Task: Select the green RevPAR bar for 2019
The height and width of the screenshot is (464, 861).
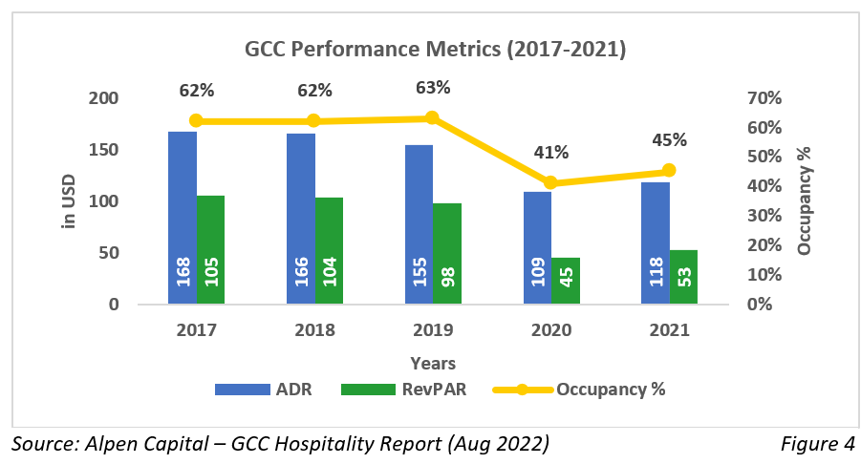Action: pyautogui.click(x=447, y=253)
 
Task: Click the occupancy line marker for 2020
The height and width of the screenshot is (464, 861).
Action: pyautogui.click(x=550, y=182)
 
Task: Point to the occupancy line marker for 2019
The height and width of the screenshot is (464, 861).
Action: pyautogui.click(x=432, y=117)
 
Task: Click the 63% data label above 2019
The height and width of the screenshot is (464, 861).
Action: pyautogui.click(x=432, y=88)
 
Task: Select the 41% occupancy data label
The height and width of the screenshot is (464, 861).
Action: pyautogui.click(x=551, y=153)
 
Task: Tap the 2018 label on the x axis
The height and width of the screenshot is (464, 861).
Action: pyautogui.click(x=314, y=330)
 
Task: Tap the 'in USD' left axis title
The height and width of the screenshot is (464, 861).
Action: pyautogui.click(x=69, y=200)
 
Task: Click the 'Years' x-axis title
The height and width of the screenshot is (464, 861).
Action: pyautogui.click(x=433, y=363)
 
